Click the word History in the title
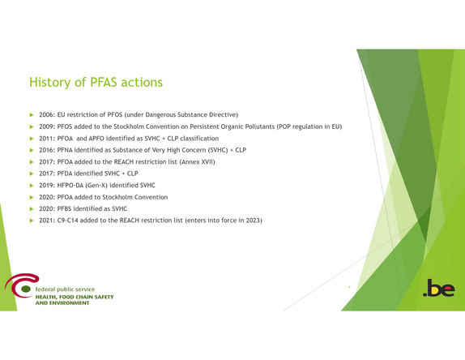tap(50, 83)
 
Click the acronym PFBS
tap(64, 208)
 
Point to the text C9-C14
tap(67, 221)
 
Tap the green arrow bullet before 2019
tap(32, 186)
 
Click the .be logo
tap(439, 288)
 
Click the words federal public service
tap(65, 289)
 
